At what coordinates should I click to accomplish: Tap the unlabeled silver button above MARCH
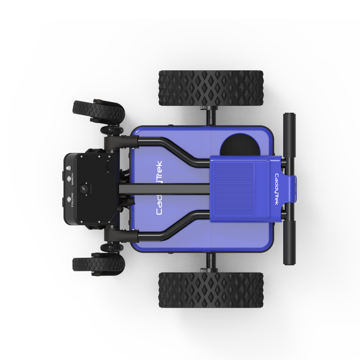tap(68, 168)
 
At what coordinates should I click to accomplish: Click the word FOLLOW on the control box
tap(73, 200)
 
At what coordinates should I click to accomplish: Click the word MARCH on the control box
tap(73, 179)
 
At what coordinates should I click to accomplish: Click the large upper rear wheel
tap(211, 89)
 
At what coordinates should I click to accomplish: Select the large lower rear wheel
tap(211, 291)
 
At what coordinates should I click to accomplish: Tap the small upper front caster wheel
tap(98, 111)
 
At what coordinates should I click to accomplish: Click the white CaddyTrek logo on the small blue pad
tap(277, 189)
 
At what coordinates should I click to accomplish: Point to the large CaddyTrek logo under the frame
tap(159, 188)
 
